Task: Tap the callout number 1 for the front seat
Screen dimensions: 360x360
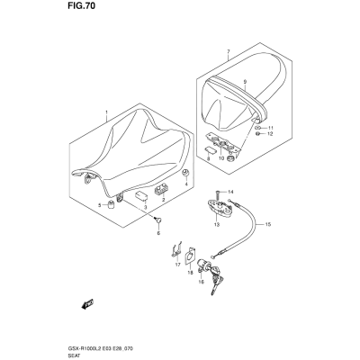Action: [106, 113]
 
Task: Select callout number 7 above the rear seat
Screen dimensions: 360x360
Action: [229, 51]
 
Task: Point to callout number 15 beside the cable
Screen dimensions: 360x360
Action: [268, 224]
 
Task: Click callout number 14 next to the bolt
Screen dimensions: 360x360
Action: [230, 192]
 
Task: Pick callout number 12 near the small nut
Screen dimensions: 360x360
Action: [270, 134]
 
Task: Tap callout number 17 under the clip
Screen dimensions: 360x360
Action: [177, 265]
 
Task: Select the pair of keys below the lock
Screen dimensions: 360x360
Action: [215, 281]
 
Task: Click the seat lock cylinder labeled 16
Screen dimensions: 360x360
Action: [202, 265]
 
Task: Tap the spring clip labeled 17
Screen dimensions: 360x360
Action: [175, 249]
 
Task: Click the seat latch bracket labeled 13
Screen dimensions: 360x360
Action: [220, 208]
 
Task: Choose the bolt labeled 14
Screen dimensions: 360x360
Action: [218, 195]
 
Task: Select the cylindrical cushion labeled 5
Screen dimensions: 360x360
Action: [112, 205]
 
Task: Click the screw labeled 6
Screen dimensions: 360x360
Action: [157, 220]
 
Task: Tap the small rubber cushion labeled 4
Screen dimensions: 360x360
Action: [186, 173]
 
